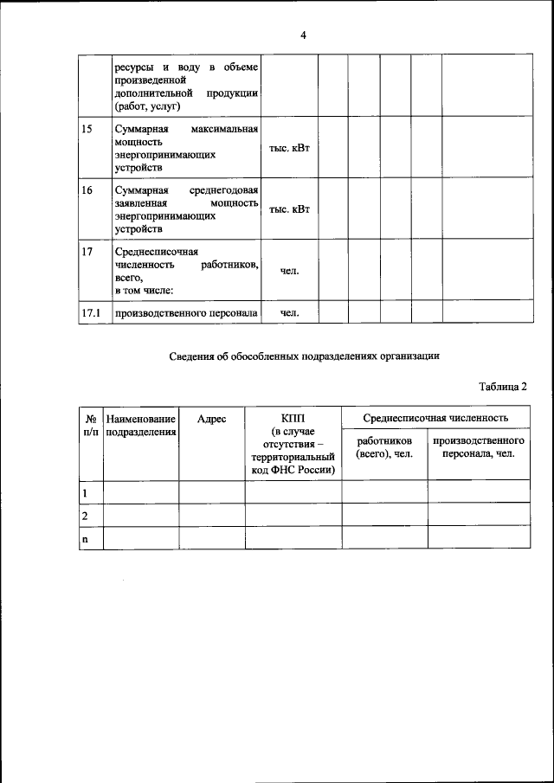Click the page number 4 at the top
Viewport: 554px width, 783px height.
(x=303, y=35)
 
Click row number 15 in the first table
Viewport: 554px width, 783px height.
(x=87, y=129)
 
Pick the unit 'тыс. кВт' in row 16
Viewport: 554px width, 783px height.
(x=289, y=209)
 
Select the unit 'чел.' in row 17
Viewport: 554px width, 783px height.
(x=289, y=271)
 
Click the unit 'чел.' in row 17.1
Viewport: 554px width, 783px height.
(x=289, y=313)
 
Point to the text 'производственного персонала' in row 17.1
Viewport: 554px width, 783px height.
(x=186, y=313)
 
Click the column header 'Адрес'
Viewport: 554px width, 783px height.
(x=211, y=419)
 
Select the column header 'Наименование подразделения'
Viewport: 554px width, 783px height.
(x=141, y=425)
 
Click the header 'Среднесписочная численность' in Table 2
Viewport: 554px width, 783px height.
(x=435, y=419)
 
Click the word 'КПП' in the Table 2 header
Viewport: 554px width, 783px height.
(x=293, y=419)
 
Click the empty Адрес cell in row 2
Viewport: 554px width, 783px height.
(x=211, y=515)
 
